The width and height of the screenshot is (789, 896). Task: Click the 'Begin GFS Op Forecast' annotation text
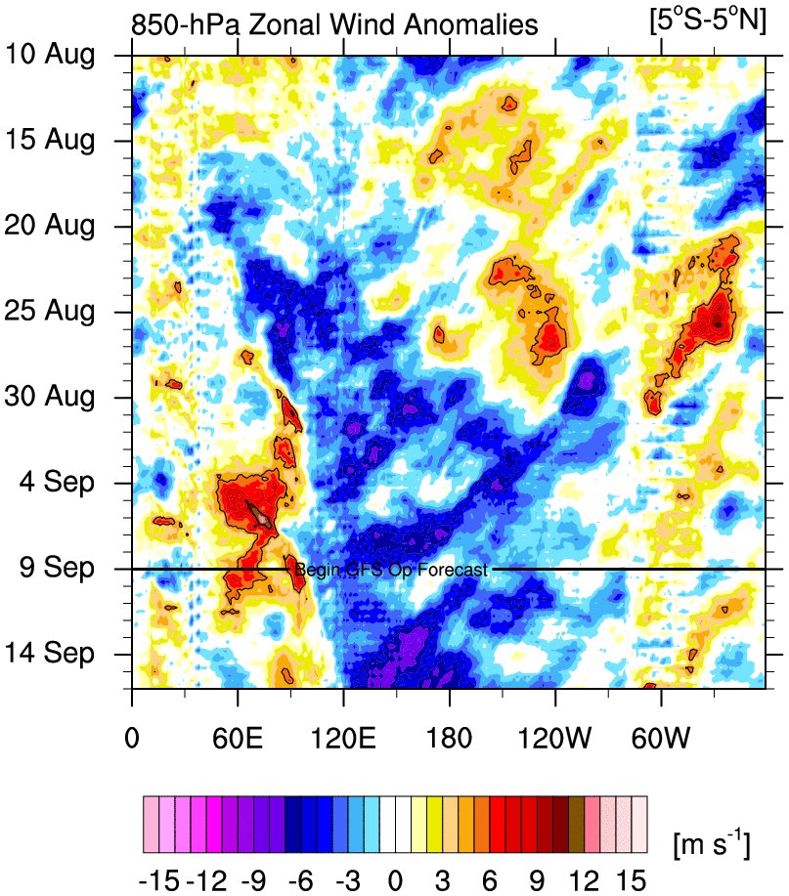tap(391, 570)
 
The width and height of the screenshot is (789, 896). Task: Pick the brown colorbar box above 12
tap(577, 813)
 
